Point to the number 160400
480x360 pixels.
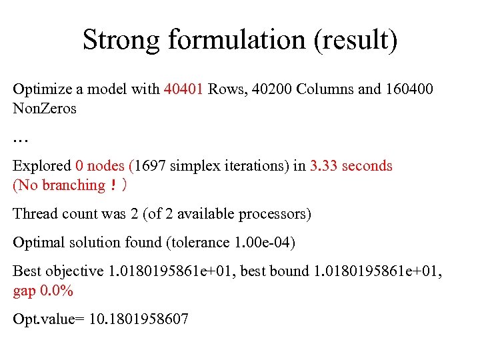(409, 89)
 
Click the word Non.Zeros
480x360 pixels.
(45, 109)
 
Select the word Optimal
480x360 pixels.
(38, 243)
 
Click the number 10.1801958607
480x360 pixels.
(137, 319)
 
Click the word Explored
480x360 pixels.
(41, 166)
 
